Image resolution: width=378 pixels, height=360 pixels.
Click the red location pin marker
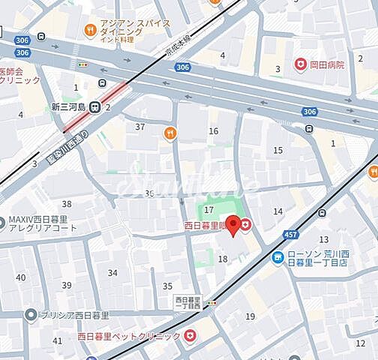pyautogui.click(x=233, y=224)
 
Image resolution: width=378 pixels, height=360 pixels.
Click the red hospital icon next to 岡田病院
pyautogui.click(x=300, y=64)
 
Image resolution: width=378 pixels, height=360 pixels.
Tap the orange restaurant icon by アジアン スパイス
pyautogui.click(x=89, y=31)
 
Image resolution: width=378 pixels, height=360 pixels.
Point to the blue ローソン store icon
pyautogui.click(x=277, y=258)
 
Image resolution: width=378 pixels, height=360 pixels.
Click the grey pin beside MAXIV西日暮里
pyautogui.click(x=3, y=220)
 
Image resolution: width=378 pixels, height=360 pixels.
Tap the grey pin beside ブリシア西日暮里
pyautogui.click(x=30, y=315)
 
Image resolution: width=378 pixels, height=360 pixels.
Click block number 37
pyautogui.click(x=139, y=126)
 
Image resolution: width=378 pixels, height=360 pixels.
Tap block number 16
pyautogui.click(x=214, y=131)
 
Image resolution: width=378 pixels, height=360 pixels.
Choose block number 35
pyautogui.click(x=167, y=286)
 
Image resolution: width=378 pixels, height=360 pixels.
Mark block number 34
pyautogui.click(x=113, y=273)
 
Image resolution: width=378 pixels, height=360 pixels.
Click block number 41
pyautogui.click(x=58, y=340)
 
